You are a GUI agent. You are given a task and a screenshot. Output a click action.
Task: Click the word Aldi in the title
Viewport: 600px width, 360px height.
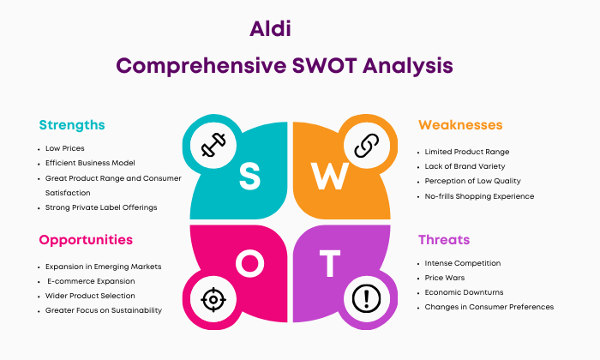270,28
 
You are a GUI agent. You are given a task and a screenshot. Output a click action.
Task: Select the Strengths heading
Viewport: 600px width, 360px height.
72,125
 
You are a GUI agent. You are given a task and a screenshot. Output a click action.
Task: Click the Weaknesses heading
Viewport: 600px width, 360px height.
460,125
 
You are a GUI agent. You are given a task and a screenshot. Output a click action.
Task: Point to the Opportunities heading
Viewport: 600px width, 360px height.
86,240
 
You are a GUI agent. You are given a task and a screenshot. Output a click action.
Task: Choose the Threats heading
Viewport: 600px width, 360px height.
444,239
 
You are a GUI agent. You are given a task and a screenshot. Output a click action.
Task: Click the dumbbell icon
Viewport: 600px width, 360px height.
213,145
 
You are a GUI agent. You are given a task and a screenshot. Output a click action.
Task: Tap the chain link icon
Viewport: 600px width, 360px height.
367,146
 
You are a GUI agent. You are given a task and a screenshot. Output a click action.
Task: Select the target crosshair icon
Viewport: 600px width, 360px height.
213,299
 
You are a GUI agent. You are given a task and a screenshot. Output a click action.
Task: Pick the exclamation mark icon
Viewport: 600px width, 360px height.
367,299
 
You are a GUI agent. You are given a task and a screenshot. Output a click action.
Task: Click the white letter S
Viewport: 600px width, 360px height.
250,176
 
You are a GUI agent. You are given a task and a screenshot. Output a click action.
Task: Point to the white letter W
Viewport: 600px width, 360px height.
329,176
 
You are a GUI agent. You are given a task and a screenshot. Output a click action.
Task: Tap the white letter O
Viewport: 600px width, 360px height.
250,263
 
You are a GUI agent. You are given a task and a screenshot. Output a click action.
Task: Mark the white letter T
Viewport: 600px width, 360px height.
330,263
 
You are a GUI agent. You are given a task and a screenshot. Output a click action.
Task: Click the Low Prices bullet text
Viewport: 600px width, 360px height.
64,148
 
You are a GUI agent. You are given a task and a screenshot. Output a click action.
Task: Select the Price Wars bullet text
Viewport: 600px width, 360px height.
445,278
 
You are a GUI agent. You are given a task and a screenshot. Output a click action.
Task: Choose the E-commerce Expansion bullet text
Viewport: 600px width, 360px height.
91,281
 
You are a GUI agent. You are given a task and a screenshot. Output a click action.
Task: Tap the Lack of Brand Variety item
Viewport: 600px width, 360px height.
465,166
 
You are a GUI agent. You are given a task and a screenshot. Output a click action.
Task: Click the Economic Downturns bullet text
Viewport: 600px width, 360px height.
465,292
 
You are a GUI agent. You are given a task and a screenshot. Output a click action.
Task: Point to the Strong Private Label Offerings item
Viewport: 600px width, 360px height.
101,207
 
